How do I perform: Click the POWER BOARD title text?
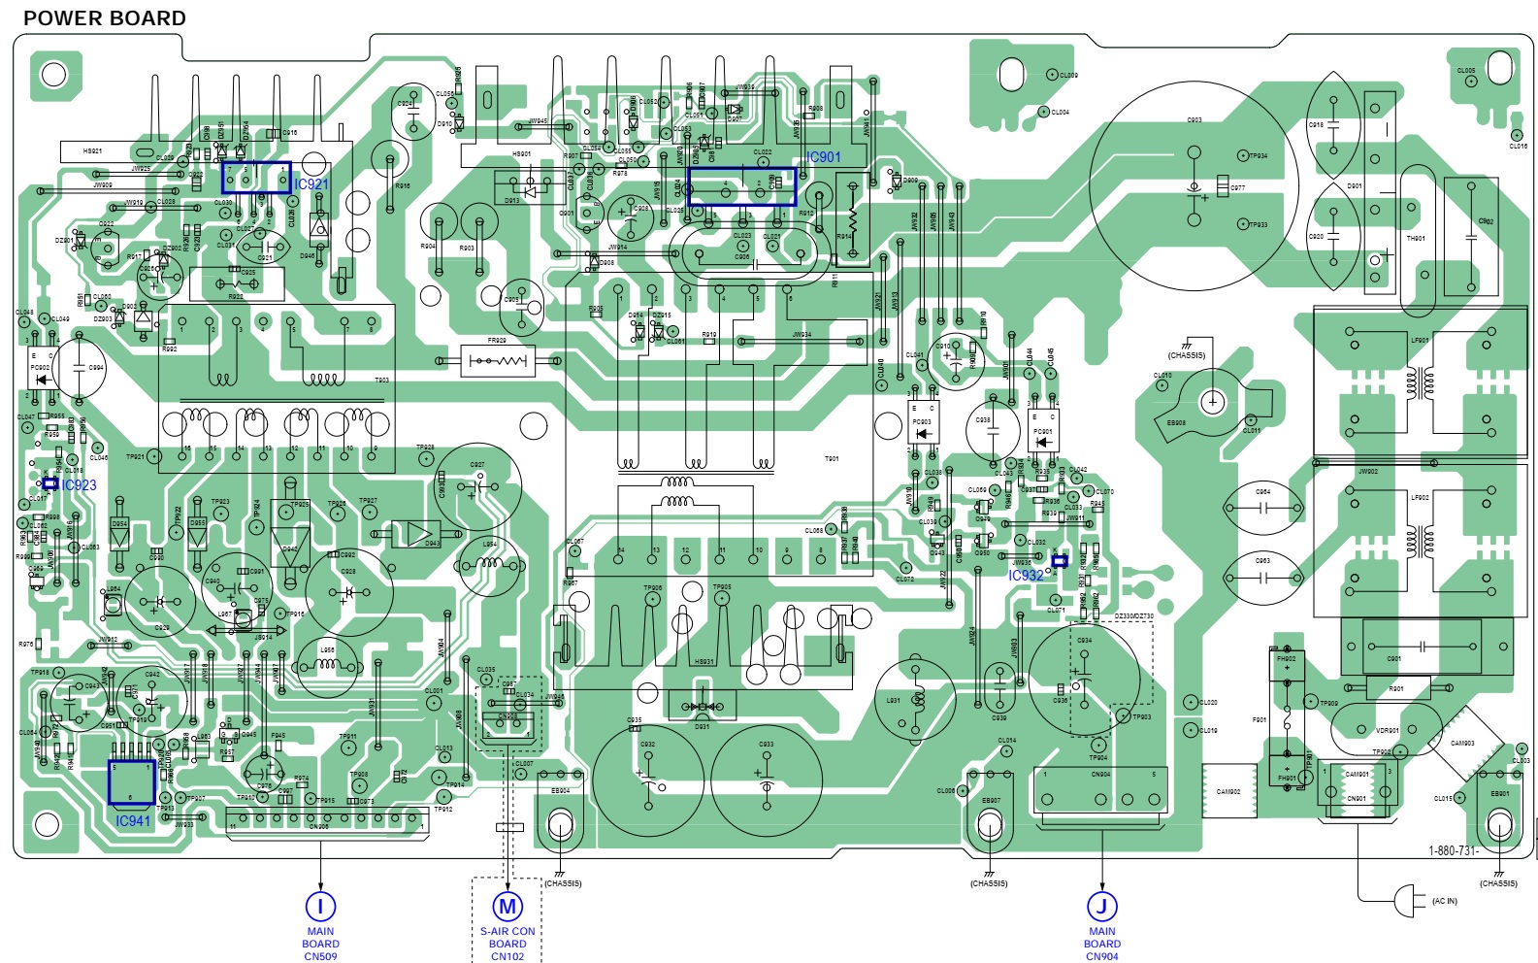click(104, 18)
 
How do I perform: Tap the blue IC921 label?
click(311, 184)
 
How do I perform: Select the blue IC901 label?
click(824, 157)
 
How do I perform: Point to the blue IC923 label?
click(80, 485)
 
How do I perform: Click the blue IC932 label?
click(1026, 576)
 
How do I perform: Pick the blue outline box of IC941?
click(132, 782)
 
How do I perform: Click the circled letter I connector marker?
click(320, 907)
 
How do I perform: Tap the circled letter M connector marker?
click(507, 907)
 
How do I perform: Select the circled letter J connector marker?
click(1101, 907)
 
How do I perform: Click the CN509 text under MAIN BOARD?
click(320, 956)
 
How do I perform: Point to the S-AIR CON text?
click(507, 931)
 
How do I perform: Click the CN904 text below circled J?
click(1101, 956)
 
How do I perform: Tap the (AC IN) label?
click(1444, 901)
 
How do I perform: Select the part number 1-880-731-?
click(1453, 851)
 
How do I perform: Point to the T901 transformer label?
click(832, 459)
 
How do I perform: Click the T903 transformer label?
click(382, 381)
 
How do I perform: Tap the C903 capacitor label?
click(1194, 120)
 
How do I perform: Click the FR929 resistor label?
click(497, 341)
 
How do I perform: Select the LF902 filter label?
click(1420, 497)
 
